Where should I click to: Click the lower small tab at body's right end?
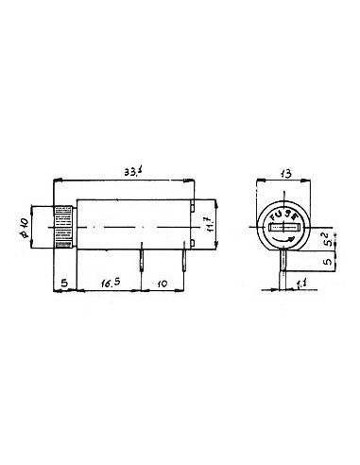192,249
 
